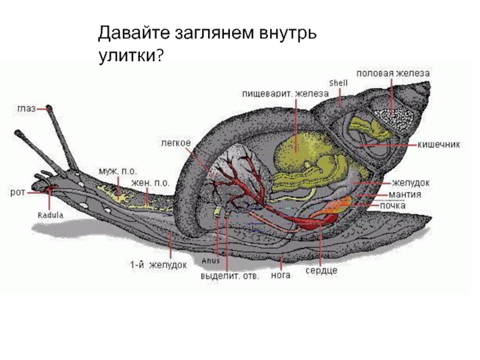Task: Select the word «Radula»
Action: [x=50, y=214]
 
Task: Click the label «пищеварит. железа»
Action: [x=286, y=93]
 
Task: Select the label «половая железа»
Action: [x=393, y=72]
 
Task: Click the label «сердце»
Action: [x=322, y=271]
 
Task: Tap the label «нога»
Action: [x=281, y=275]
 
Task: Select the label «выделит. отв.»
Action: [x=229, y=277]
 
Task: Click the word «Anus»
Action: [x=211, y=261]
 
